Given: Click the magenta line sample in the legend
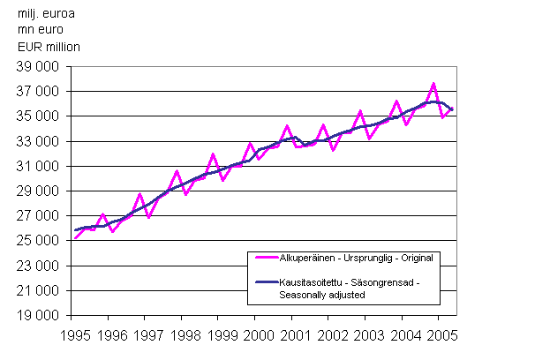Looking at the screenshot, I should [266, 259].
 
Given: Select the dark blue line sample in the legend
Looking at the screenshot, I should [266, 281].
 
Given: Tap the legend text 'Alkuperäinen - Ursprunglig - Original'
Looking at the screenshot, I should [357, 259].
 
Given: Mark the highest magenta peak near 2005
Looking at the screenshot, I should [433, 84].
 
